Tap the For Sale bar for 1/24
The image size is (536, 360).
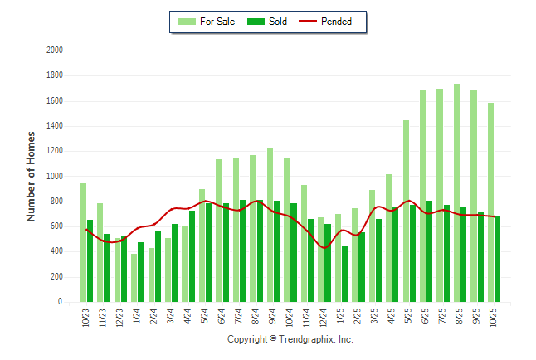[134, 278]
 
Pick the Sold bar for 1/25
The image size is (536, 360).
[344, 275]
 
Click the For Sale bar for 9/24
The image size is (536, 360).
[270, 225]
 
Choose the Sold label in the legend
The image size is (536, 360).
[278, 22]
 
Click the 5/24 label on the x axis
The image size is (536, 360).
[205, 318]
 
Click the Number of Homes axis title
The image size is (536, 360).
[32, 176]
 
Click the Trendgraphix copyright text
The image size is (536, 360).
[290, 339]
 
